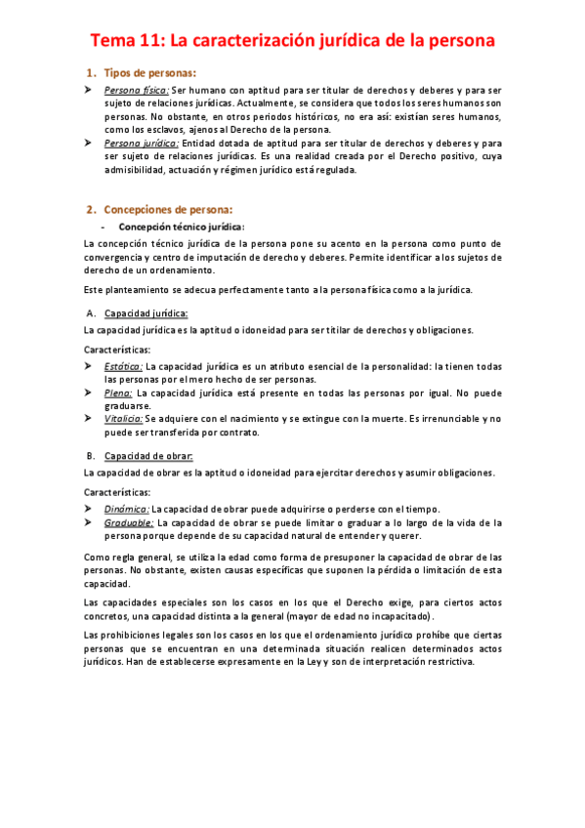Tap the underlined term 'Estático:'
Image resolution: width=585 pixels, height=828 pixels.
[124, 366]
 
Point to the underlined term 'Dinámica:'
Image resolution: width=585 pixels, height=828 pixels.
[127, 509]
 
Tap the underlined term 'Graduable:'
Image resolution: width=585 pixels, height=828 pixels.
[129, 522]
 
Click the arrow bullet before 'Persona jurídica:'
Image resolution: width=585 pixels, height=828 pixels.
[88, 143]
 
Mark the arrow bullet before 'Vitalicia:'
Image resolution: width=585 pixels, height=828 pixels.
[88, 418]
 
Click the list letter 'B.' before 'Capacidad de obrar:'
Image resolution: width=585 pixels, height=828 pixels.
[90, 455]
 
